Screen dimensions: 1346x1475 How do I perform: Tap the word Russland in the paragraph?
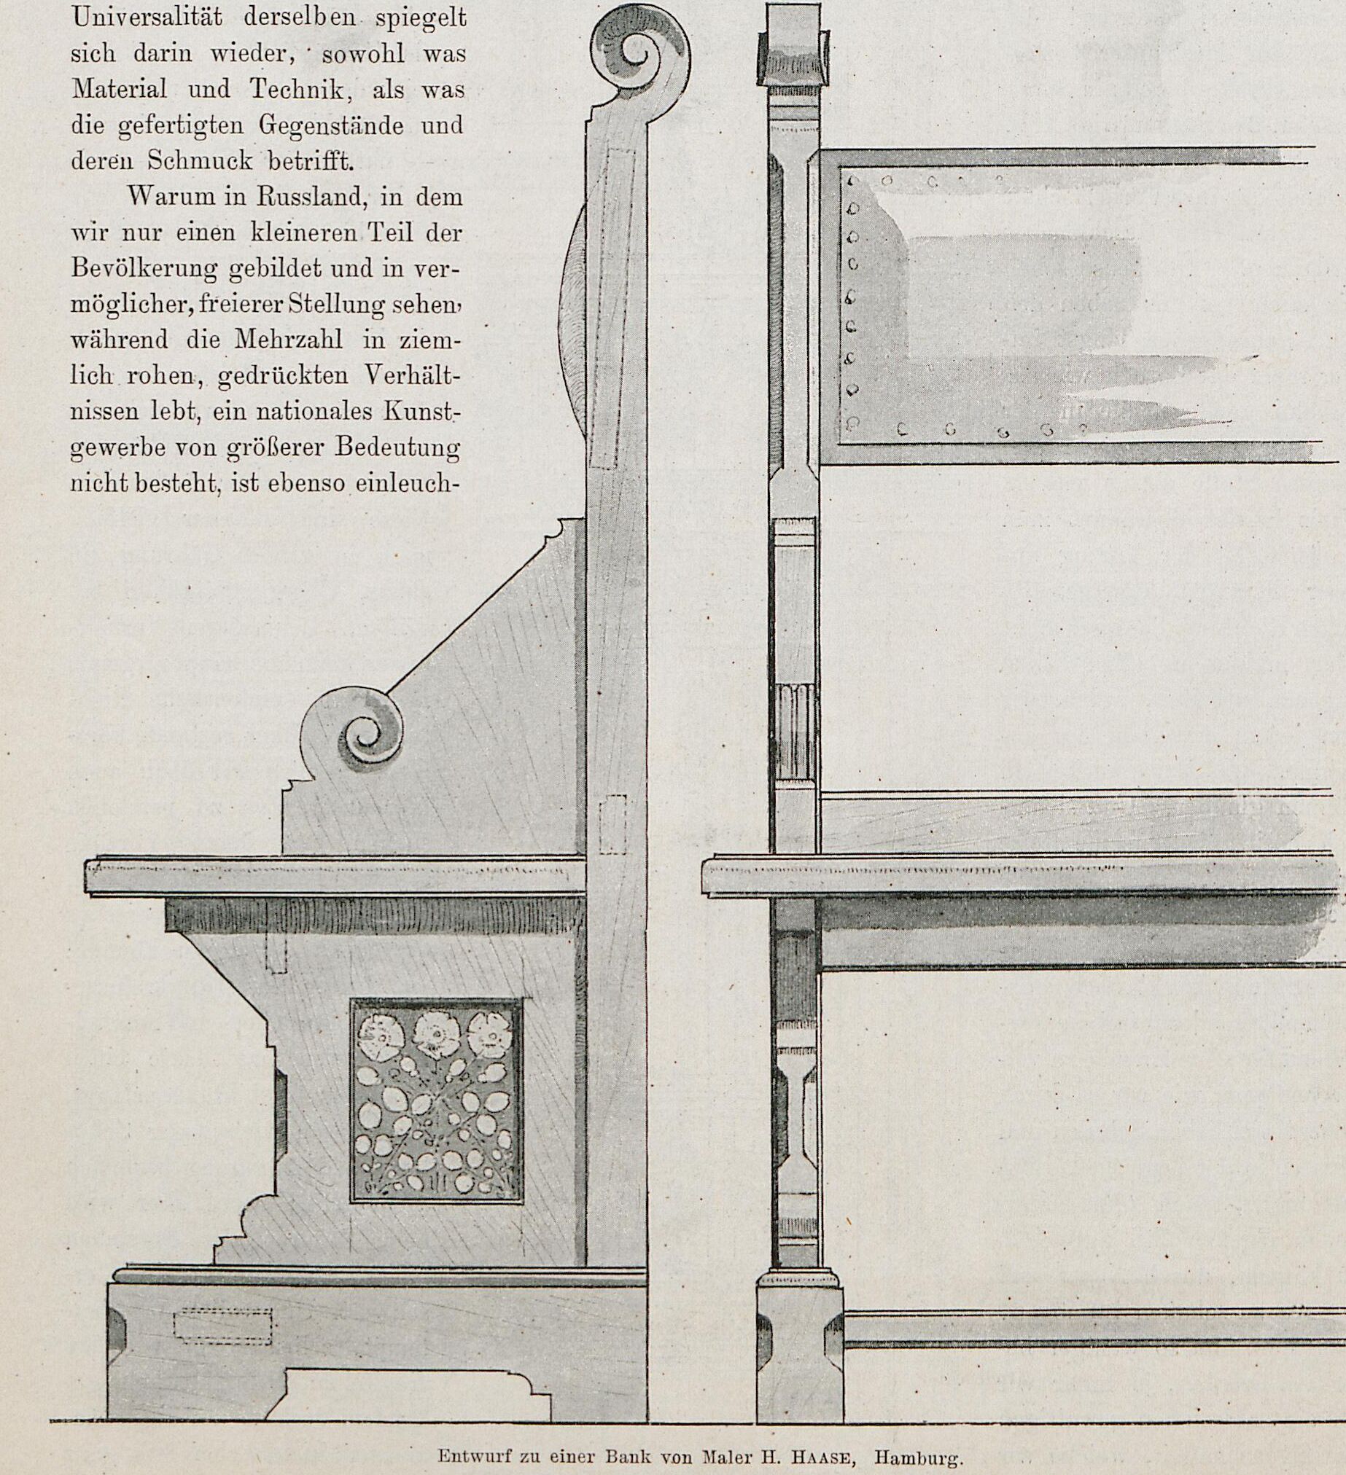[x=301, y=197]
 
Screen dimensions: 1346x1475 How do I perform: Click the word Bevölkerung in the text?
[x=144, y=269]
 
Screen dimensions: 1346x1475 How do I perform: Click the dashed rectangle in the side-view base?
[x=222, y=1326]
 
